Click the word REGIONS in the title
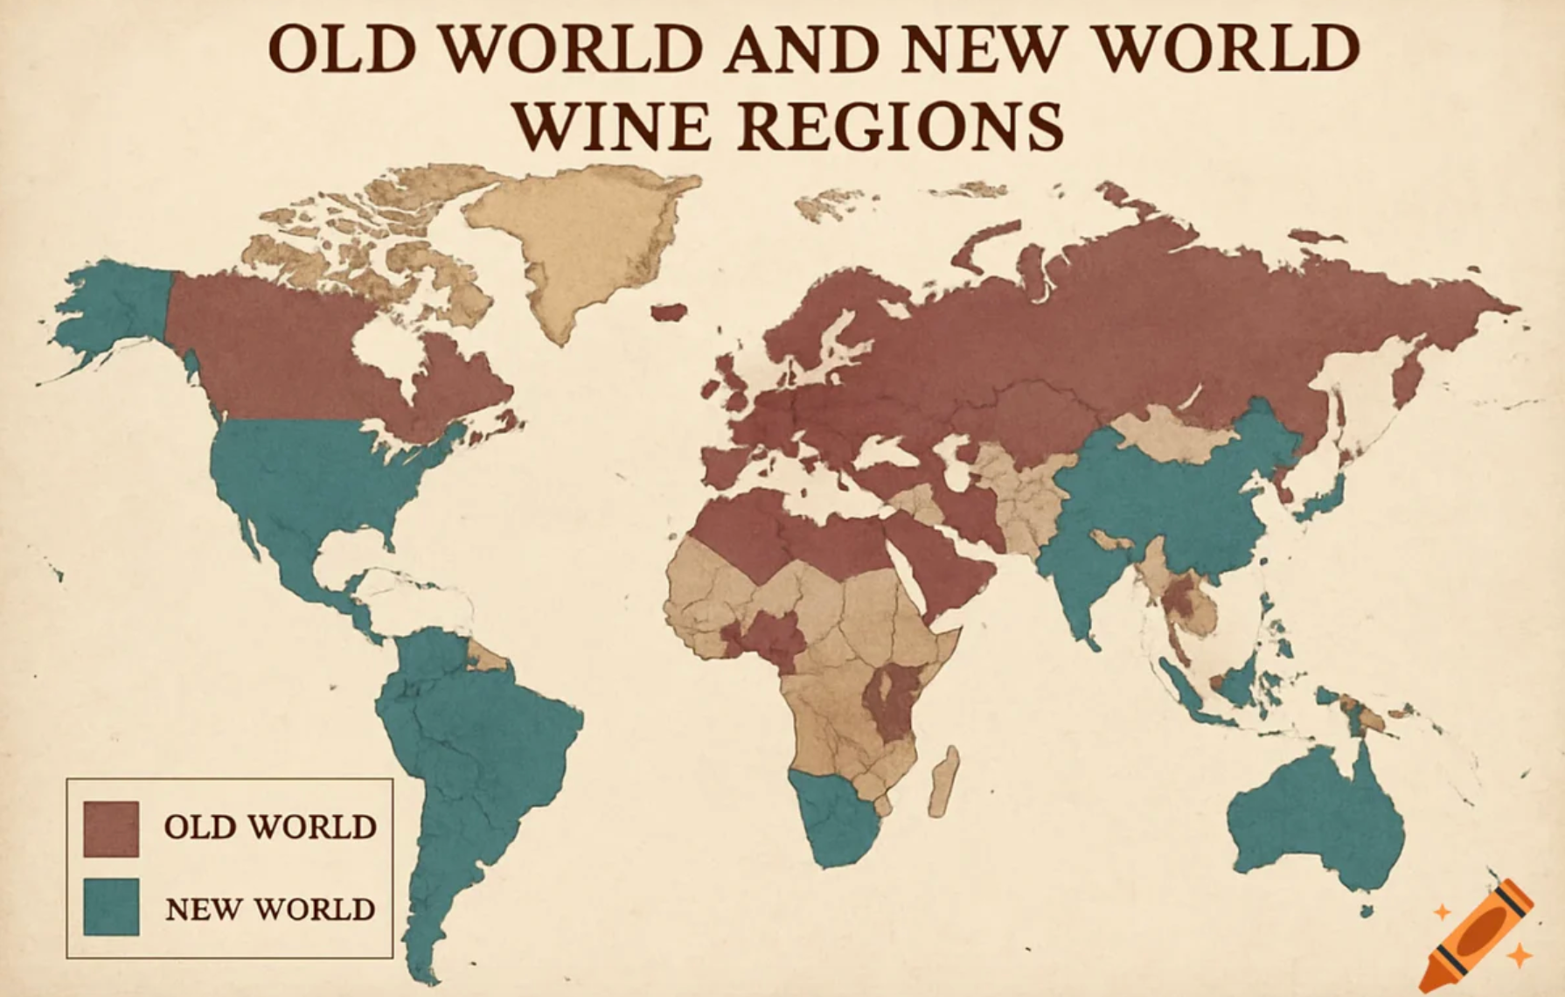(x=901, y=126)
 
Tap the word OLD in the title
(x=341, y=48)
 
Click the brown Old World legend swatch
(x=111, y=828)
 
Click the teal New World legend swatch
(x=111, y=907)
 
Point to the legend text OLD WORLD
(x=269, y=827)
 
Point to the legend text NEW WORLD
(x=269, y=910)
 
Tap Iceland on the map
(x=668, y=312)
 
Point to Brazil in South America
(x=507, y=726)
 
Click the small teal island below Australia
(x=1366, y=911)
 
